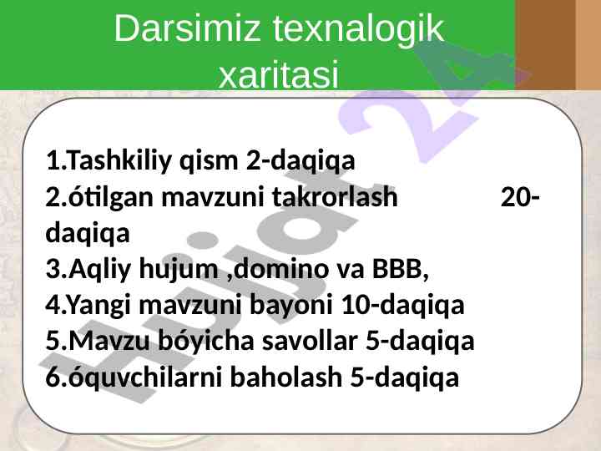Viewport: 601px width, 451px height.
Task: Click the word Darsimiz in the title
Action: tap(187, 28)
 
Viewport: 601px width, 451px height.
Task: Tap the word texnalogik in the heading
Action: tap(358, 28)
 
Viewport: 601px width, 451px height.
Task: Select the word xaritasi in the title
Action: tap(279, 73)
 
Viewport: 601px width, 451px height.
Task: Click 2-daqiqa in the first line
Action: tap(300, 160)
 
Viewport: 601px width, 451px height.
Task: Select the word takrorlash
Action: tap(335, 197)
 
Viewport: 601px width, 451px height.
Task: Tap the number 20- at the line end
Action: tap(521, 197)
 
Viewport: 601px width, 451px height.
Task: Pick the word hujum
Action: tap(179, 269)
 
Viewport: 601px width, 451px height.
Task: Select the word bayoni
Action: tap(291, 306)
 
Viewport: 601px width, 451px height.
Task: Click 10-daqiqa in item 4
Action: tap(402, 305)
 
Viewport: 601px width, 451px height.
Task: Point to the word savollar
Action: tap(310, 341)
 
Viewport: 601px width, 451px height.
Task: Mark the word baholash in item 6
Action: tap(286, 377)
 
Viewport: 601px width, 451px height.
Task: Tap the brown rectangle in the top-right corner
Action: tap(545, 45)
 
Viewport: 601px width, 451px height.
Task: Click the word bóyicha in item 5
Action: tap(206, 341)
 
